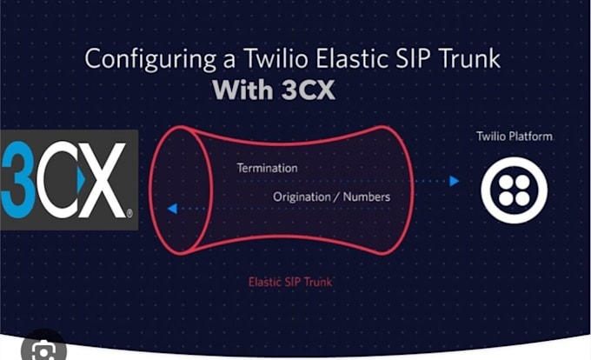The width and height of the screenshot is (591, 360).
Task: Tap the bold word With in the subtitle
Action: point(246,91)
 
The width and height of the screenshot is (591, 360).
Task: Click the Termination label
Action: point(267,167)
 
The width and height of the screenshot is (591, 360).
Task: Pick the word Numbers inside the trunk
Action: point(366,197)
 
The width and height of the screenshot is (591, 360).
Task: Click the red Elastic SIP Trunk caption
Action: point(289,282)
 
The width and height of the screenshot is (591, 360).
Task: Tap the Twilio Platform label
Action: point(514,137)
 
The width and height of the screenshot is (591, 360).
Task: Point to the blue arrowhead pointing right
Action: point(454,181)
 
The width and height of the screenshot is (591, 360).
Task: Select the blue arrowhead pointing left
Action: point(173,210)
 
